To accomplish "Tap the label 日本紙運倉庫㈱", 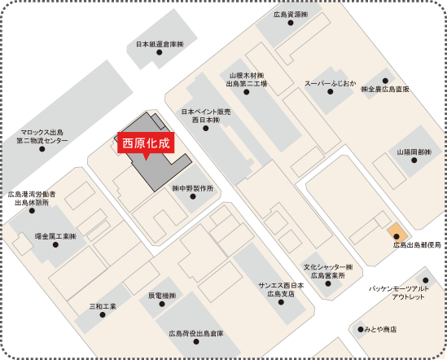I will point(160,44).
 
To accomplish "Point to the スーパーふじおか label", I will point(332,83).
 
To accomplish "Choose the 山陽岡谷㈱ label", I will point(414,151).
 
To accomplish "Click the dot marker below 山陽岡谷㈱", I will point(414,160).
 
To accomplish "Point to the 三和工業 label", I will point(103,306).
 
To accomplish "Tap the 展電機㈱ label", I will point(162,295).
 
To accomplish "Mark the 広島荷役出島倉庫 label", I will point(196,334).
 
